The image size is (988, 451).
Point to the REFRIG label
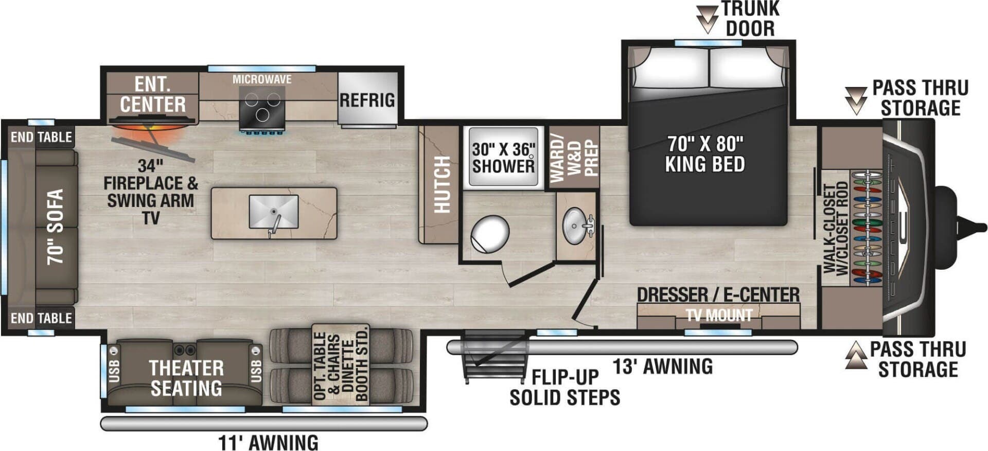(367, 100)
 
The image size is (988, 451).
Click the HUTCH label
(442, 184)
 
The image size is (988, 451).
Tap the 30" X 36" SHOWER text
(503, 158)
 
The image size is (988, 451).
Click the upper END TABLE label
(41, 137)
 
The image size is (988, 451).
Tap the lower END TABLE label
(41, 318)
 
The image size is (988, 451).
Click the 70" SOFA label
(56, 227)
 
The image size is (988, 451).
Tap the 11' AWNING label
(268, 442)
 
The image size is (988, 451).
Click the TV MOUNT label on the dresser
(719, 315)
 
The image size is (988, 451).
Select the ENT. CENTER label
(152, 94)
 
